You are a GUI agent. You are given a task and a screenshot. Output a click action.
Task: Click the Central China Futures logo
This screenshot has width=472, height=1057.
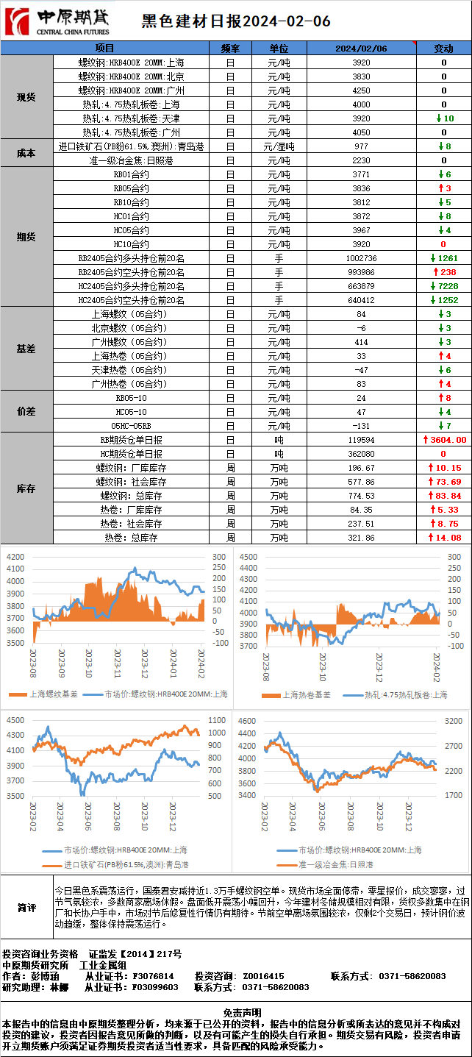tap(57, 21)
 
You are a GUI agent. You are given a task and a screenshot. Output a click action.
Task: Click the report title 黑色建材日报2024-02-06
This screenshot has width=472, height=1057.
tap(235, 21)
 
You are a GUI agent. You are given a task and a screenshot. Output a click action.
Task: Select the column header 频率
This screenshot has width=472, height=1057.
tap(230, 49)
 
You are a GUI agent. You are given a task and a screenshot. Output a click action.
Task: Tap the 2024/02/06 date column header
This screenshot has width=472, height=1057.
tap(361, 49)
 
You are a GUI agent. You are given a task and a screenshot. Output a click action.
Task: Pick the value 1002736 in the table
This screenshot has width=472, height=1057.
tap(361, 258)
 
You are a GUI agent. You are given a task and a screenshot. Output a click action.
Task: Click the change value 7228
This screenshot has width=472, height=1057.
tap(444, 286)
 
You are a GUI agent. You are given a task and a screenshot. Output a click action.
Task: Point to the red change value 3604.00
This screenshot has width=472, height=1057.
tap(444, 440)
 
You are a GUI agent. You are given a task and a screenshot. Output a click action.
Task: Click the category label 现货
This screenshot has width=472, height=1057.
tap(26, 97)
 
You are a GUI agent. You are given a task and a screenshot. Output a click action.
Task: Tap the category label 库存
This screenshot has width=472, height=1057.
tap(26, 488)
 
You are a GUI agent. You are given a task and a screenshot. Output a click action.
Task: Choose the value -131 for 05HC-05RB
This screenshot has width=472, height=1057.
tap(361, 426)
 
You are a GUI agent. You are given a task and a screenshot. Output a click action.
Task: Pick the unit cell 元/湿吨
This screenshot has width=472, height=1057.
tap(279, 146)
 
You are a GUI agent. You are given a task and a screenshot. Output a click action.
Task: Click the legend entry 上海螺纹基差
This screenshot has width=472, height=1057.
tap(45, 694)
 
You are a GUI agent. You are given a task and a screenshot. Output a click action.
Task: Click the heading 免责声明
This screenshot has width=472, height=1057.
tap(235, 1013)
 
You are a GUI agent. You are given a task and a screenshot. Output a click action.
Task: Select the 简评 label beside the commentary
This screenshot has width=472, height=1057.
tap(26, 908)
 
